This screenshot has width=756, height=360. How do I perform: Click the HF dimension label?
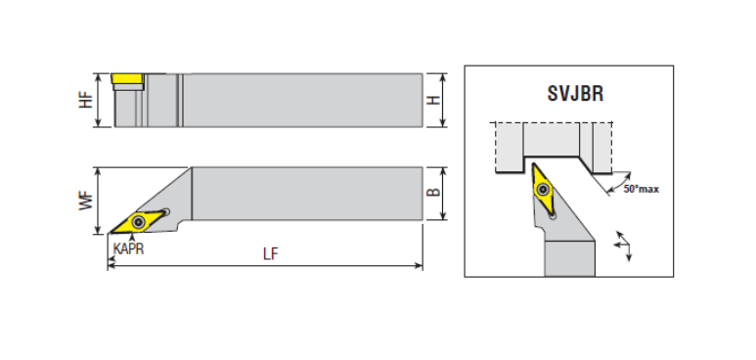pos(86,100)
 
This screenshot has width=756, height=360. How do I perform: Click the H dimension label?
pos(434,100)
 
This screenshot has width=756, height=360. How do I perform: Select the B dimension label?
pos(434,192)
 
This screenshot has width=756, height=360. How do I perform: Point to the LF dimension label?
pos(271,253)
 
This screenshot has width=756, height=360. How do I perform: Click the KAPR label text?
pos(129,249)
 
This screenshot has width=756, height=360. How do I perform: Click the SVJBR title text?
pos(575,93)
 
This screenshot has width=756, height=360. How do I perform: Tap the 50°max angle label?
pos(642,189)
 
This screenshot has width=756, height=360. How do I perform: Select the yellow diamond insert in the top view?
pos(138,222)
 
